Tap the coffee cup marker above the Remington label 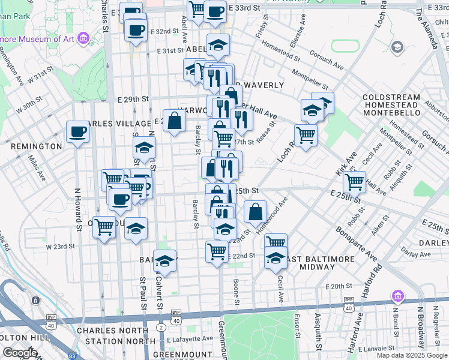(x=77, y=132)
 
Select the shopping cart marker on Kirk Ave (x=355, y=180)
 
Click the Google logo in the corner (x=20, y=353)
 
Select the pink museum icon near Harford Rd (x=396, y=296)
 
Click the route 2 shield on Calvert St (x=161, y=327)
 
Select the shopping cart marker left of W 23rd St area (x=104, y=227)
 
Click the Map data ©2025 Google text (x=411, y=355)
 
